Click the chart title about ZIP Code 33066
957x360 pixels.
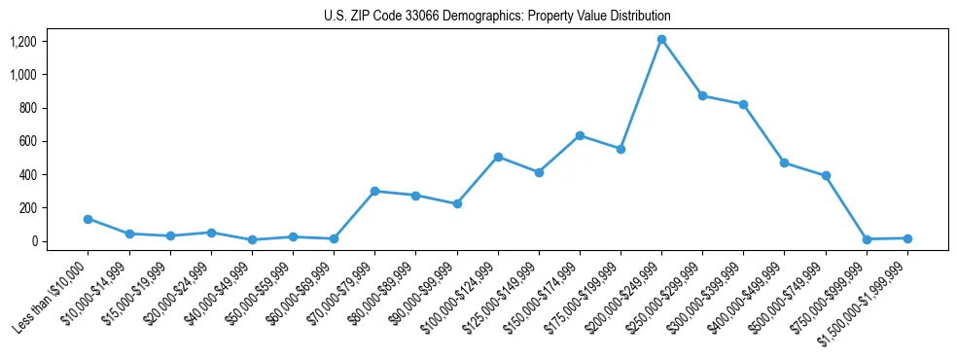click(497, 16)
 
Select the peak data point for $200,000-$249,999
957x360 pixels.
click(661, 39)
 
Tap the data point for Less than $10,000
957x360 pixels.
click(88, 219)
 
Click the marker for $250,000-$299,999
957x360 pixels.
click(702, 95)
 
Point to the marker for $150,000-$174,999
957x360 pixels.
click(580, 135)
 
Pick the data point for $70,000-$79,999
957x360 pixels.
click(374, 191)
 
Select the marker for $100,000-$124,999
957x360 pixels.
click(498, 157)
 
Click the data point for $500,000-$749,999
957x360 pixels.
click(826, 175)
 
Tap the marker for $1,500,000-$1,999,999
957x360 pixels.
click(907, 238)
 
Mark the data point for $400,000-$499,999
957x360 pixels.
click(784, 162)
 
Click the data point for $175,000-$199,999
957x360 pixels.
click(620, 149)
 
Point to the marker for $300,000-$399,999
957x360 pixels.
click(743, 104)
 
